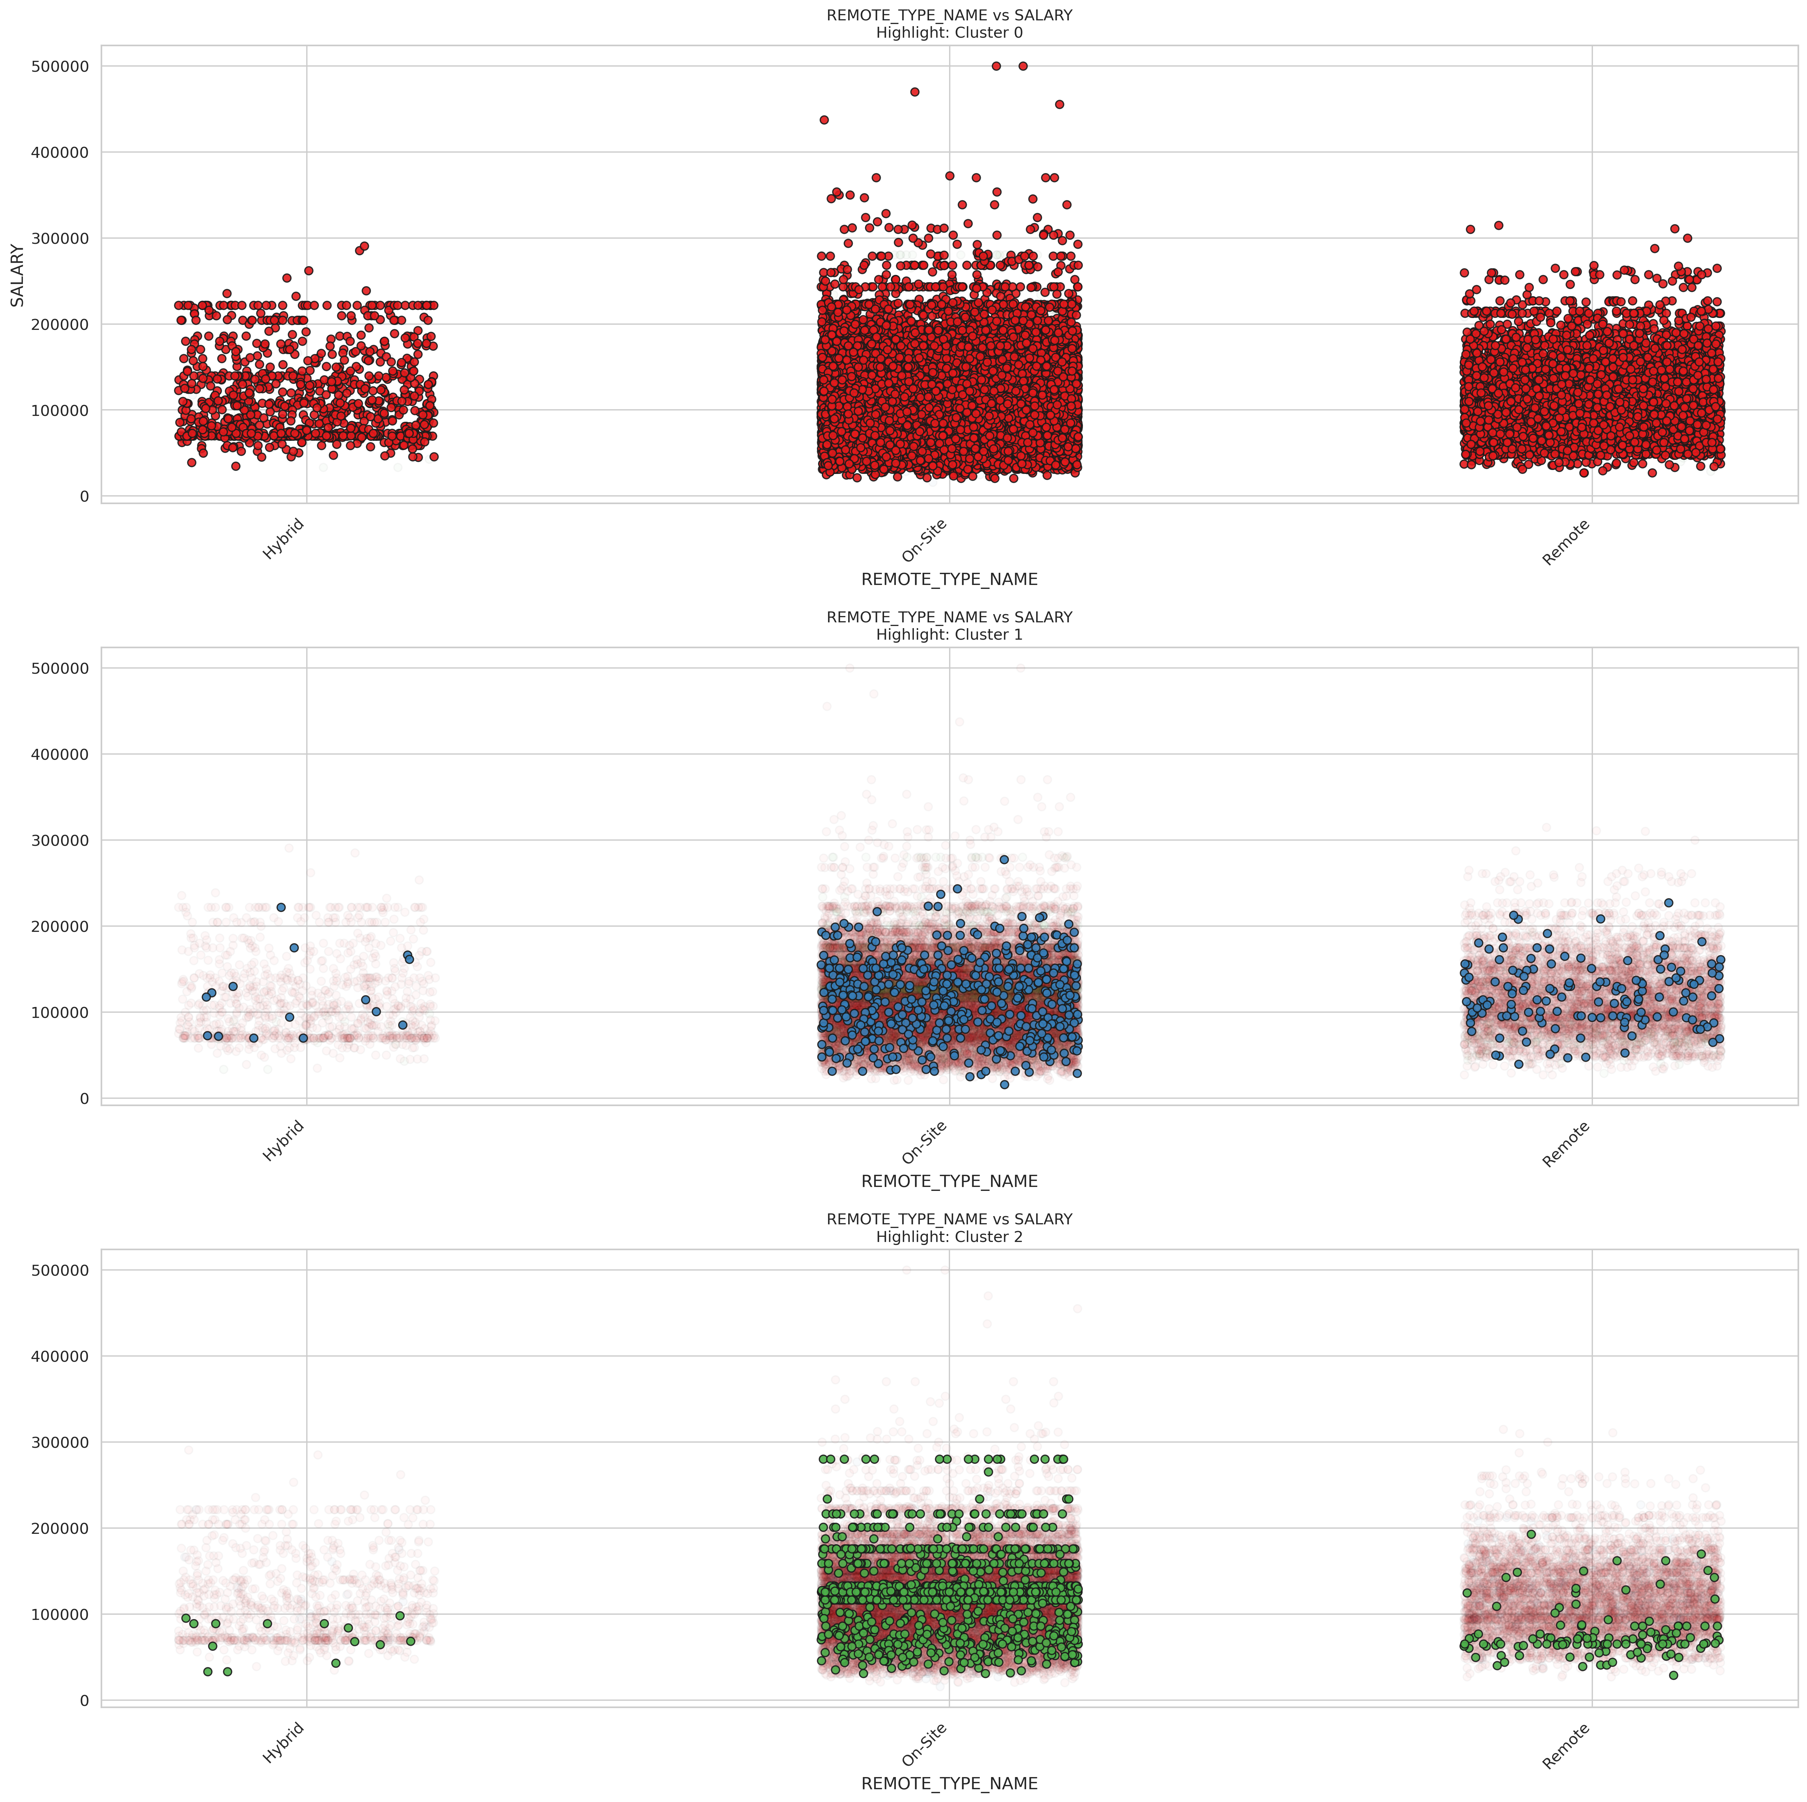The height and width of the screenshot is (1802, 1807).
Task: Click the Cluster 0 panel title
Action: click(x=949, y=24)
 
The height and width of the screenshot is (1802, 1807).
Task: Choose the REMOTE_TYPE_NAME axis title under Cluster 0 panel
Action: click(x=949, y=580)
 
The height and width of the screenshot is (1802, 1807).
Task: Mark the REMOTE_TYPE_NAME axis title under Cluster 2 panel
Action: click(x=949, y=1783)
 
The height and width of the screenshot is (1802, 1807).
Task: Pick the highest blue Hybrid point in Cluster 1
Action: click(x=281, y=907)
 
